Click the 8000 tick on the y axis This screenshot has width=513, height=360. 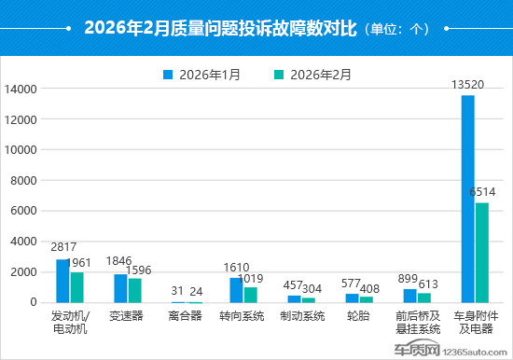(23, 180)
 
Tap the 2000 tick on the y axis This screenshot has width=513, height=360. (23, 271)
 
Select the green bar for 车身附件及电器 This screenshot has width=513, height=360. (482, 252)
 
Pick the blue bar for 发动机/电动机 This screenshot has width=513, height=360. (62, 281)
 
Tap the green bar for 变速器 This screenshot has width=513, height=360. (135, 290)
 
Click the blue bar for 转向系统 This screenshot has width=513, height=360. (236, 290)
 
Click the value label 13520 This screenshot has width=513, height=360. (466, 85)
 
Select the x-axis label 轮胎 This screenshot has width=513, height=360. (357, 316)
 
